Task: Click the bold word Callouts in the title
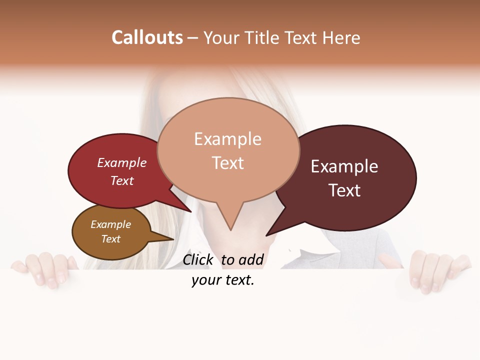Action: [x=147, y=37]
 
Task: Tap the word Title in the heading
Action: [x=264, y=37]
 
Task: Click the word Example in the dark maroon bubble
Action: [x=344, y=166]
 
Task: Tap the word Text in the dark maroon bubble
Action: [x=344, y=190]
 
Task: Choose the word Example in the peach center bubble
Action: [x=227, y=139]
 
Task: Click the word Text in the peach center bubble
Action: [x=228, y=163]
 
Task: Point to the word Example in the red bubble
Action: [x=122, y=163]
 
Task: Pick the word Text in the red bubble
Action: [x=122, y=180]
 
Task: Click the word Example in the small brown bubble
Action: [x=110, y=224]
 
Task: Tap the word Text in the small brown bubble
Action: [x=110, y=239]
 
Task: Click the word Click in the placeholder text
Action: [x=198, y=259]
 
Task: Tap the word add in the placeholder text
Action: [x=250, y=259]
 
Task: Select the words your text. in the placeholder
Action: [x=223, y=280]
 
